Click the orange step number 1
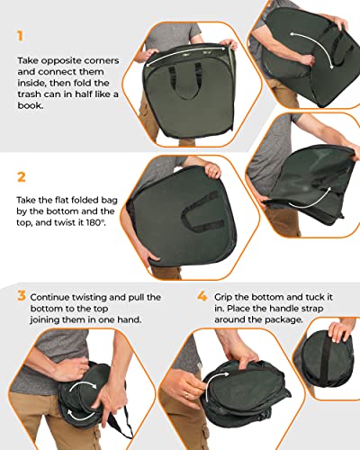[20, 36]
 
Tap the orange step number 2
[22, 177]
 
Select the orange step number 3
[22, 295]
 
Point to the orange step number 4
[202, 296]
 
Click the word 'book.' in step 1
[31, 105]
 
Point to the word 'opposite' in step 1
[61, 61]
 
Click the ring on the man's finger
[186, 394]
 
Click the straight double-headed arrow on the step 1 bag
[186, 55]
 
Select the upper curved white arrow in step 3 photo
[84, 385]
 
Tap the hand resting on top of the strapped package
[340, 329]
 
